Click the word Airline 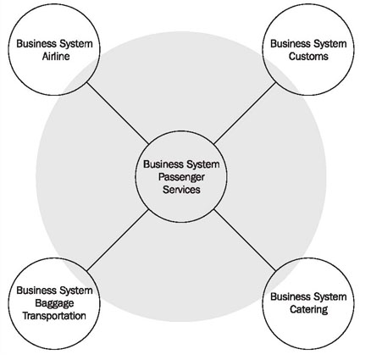tap(56, 56)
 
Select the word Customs tap(308, 56)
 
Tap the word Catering tap(308, 309)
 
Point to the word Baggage tap(54, 303)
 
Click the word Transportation tap(54, 316)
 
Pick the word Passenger tap(181, 177)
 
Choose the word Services tap(181, 190)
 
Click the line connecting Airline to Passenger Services tap(118, 114)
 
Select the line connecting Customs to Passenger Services tap(245, 113)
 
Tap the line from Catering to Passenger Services tap(245, 241)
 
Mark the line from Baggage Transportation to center tap(118, 241)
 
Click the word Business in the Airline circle tap(36, 44)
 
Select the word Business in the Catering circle tap(291, 296)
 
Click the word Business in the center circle tap(163, 164)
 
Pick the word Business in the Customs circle tap(291, 44)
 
